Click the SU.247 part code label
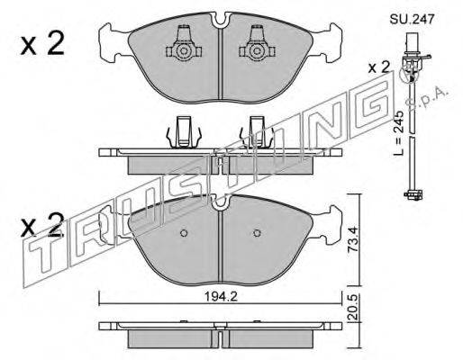point(412,20)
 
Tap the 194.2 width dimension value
point(221,297)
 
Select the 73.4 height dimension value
point(353,239)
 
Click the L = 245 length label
point(399,134)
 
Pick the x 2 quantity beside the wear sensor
point(378,67)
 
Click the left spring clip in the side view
point(184,132)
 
